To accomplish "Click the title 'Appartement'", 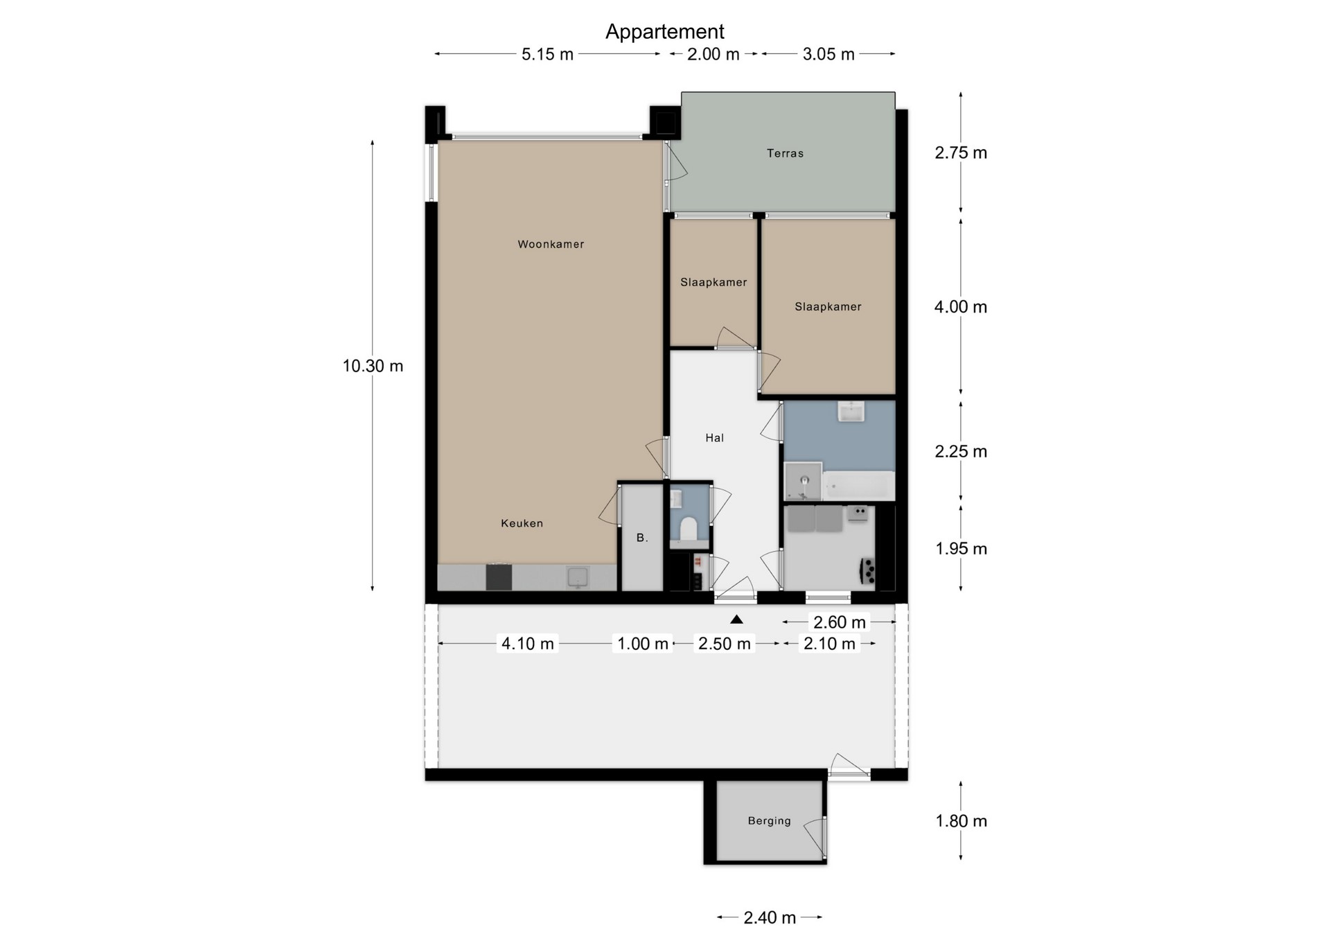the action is [x=664, y=32].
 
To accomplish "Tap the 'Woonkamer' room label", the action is [x=551, y=244].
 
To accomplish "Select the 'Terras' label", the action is [x=785, y=153].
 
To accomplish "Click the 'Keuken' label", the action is [x=522, y=523].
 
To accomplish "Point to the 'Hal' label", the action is [x=714, y=437].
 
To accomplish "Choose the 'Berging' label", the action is [x=769, y=821].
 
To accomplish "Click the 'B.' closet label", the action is [x=642, y=538].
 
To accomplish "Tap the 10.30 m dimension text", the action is [x=373, y=366].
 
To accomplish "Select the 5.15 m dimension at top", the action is [x=547, y=54].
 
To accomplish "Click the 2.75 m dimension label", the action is [x=961, y=152].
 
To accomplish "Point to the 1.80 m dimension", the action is [x=961, y=821].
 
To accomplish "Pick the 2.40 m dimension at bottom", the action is [x=770, y=917].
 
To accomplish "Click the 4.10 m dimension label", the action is [x=528, y=644].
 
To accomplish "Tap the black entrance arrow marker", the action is [x=736, y=619].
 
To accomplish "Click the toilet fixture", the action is [x=689, y=529].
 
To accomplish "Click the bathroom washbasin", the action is [x=851, y=412].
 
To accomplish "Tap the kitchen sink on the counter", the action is [x=577, y=577].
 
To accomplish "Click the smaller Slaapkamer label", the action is [x=713, y=282].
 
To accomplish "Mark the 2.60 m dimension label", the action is [x=840, y=622].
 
